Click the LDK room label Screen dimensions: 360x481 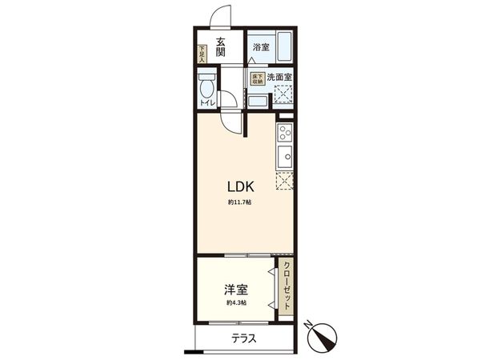[239, 186]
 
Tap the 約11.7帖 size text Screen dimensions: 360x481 [239, 203]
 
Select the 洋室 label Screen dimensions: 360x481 [236, 288]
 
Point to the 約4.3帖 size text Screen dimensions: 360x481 [236, 303]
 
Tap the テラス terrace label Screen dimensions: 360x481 [244, 338]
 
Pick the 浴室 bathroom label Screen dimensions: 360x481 [261, 47]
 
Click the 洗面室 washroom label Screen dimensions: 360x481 [279, 78]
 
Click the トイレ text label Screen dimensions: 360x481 [206, 103]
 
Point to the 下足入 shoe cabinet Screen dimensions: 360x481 [202, 53]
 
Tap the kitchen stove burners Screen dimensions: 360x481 [285, 132]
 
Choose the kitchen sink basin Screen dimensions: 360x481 [285, 154]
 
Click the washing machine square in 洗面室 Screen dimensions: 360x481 [284, 96]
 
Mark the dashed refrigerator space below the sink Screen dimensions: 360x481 [285, 182]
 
